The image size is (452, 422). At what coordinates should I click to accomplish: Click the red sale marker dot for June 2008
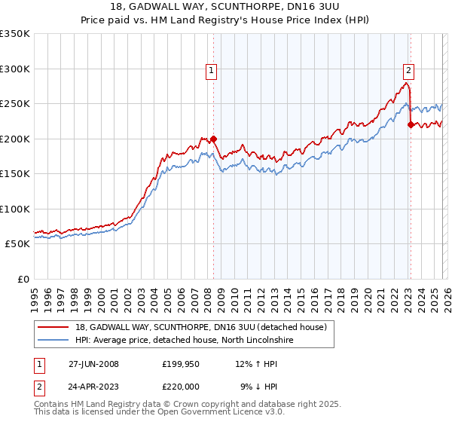point(213,139)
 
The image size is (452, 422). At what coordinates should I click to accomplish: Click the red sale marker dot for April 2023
point(411,124)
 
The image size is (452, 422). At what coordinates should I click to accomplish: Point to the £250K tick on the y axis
point(15,104)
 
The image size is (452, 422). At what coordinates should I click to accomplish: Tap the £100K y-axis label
point(15,209)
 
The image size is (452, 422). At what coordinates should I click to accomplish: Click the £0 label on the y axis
point(23,280)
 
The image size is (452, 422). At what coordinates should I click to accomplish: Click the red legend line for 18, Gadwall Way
point(54,327)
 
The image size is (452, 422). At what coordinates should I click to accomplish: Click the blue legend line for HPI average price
point(54,341)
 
